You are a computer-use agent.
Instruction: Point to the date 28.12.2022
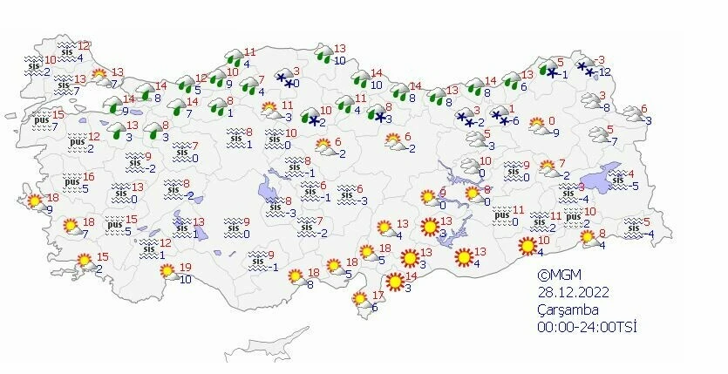tap(573, 290)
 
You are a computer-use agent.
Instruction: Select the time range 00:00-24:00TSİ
tap(588, 327)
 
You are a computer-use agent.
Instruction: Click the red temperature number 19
tap(185, 268)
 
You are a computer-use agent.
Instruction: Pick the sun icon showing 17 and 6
tap(360, 300)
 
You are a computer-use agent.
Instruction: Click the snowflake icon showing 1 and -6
tap(499, 116)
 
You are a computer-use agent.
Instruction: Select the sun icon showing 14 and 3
tap(395, 282)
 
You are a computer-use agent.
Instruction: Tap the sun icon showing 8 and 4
tap(587, 238)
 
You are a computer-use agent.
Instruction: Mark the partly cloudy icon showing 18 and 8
tap(297, 279)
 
